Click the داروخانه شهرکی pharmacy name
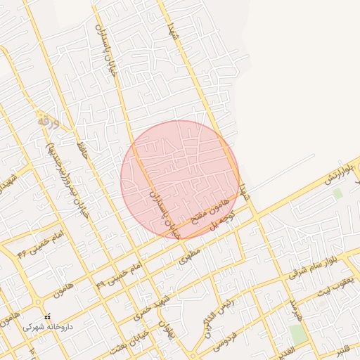(47, 327)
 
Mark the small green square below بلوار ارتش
(337, 193)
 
